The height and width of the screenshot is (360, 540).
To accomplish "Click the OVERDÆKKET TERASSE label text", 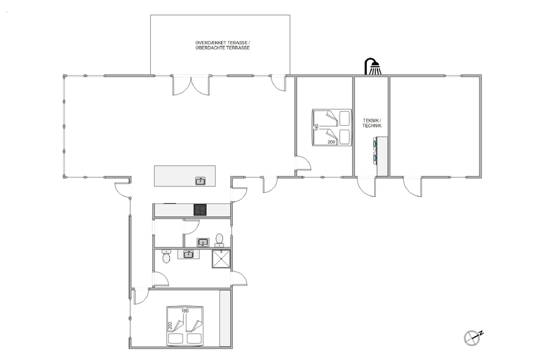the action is [222, 43].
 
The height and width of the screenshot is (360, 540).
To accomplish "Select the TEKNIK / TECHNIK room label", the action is [372, 123].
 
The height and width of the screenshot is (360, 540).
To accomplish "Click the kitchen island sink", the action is [200, 181].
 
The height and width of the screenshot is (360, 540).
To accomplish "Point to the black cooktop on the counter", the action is [200, 209].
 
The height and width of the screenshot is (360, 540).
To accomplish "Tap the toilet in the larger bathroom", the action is [166, 256].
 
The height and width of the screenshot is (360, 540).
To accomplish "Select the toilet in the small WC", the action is [219, 240].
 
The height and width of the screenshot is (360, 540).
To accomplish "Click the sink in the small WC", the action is [203, 243].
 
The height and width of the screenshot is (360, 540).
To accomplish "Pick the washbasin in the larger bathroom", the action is [188, 254].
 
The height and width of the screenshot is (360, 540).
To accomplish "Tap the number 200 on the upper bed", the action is [332, 142].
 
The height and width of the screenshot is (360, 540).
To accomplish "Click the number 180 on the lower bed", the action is [185, 311].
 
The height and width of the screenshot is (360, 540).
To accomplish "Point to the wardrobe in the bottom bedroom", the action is [225, 318].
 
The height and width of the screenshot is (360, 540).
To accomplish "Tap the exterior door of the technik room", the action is [366, 187].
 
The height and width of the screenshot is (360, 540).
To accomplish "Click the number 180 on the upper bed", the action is [316, 127].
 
